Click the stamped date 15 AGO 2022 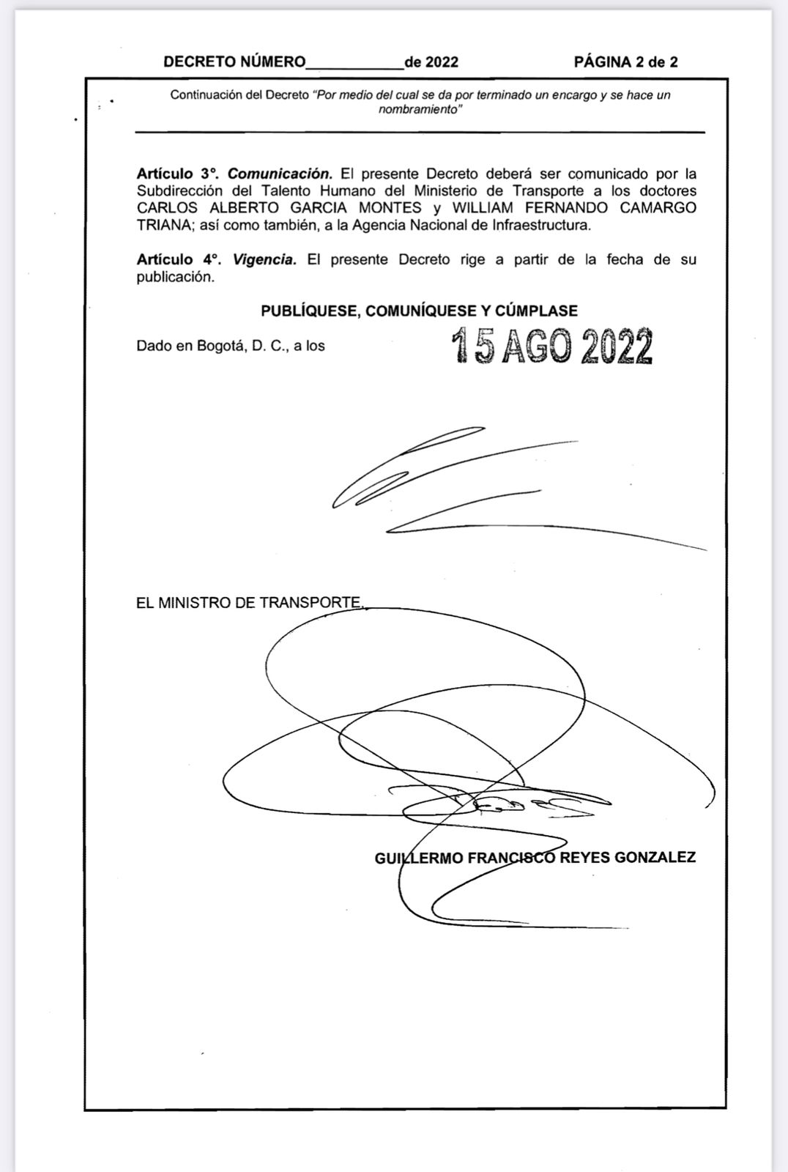552,346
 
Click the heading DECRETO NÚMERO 234,62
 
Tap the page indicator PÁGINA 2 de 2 625,62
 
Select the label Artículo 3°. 178,174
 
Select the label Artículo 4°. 178,260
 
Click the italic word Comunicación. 280,174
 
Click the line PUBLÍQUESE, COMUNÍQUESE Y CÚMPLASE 419,311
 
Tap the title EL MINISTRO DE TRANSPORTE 249,603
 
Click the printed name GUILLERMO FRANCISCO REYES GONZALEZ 535,858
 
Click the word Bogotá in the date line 220,346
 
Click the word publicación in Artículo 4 176,278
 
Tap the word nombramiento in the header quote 420,110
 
